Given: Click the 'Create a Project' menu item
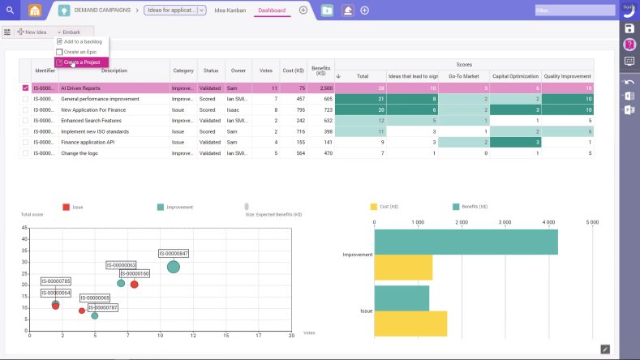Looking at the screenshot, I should coord(81,62).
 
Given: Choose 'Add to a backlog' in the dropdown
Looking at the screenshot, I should coord(82,41).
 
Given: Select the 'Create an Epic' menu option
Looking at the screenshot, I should coord(80,52).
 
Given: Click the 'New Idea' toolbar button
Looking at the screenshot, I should coord(32,32).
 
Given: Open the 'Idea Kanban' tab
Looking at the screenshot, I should coord(230,11).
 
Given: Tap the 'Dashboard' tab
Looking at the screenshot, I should coord(272,11).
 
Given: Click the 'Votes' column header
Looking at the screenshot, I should coord(265,71).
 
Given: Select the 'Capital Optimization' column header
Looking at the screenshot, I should coord(515,76).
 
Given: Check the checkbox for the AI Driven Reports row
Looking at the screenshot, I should coord(25,88).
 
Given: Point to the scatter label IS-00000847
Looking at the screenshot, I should coord(174,254).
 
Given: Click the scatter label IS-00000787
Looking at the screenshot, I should coord(103,307).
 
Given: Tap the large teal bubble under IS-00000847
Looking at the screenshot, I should coord(174,267).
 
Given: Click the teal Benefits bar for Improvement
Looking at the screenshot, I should coord(466,242).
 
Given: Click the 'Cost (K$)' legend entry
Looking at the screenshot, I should coord(389,207).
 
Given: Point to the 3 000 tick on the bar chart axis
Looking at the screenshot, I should coord(505,221).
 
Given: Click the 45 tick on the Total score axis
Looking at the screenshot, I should coord(25,229).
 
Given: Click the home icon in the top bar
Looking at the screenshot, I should coord(34,11).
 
